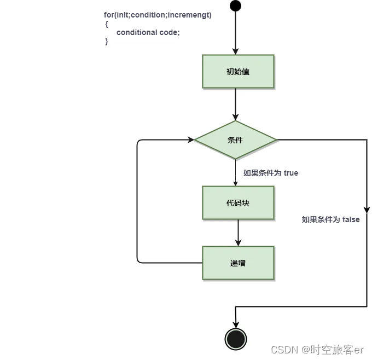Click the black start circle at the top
(x=235, y=6)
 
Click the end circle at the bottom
(x=235, y=339)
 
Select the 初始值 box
(x=238, y=71)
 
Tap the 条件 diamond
(x=236, y=140)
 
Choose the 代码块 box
(x=238, y=203)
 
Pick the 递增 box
(x=238, y=263)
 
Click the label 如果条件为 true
(x=271, y=173)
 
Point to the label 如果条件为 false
(x=330, y=219)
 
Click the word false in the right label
(x=351, y=219)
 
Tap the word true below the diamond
(x=290, y=173)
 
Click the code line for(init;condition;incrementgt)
(x=158, y=15)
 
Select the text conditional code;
(x=148, y=32)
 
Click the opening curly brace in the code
(x=106, y=24)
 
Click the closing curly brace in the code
(x=106, y=41)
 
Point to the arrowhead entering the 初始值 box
(x=235, y=51)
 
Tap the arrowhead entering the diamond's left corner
(x=191, y=140)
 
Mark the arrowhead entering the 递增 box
(x=238, y=242)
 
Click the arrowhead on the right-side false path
(x=367, y=210)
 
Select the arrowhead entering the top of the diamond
(x=235, y=117)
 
